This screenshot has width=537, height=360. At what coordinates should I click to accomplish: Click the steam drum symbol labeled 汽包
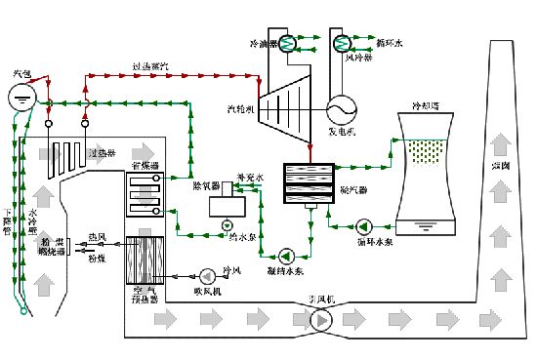point(22,97)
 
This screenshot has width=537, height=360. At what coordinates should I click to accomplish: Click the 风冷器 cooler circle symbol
point(344,43)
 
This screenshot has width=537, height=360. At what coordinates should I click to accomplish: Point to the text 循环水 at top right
point(390,43)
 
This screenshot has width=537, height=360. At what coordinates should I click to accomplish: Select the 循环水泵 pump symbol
point(363,223)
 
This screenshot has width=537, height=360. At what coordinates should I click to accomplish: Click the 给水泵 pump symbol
point(227,224)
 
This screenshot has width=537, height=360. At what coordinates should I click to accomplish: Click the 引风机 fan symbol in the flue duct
point(320,319)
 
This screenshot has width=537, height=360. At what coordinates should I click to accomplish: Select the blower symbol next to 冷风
point(207,274)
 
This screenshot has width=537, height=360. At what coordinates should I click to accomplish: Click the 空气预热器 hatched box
point(148,260)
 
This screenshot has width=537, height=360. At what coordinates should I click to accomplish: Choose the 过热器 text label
point(102,153)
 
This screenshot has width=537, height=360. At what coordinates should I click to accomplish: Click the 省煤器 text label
point(145,168)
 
